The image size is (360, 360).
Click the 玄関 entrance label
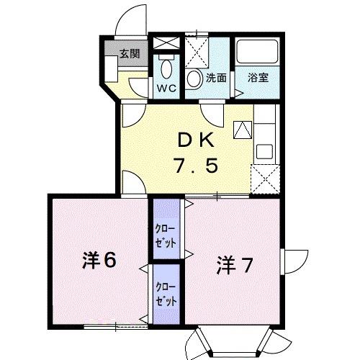[x=130, y=53]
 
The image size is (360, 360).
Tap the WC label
[x=166, y=89]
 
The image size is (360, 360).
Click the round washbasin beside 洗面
[x=194, y=78]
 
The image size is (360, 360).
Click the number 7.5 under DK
[x=194, y=166]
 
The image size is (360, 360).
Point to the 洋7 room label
[x=233, y=266]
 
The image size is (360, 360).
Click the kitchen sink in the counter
[x=264, y=153]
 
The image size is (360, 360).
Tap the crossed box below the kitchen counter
[x=264, y=178]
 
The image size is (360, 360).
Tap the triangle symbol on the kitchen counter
[x=243, y=130]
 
